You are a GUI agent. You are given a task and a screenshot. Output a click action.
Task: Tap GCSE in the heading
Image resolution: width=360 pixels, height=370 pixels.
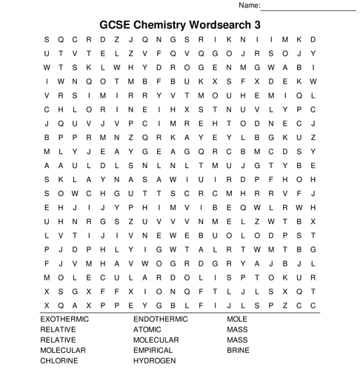pyautogui.click(x=116, y=24)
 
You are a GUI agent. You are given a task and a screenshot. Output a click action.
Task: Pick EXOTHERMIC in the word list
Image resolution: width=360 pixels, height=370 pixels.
pyautogui.click(x=64, y=319)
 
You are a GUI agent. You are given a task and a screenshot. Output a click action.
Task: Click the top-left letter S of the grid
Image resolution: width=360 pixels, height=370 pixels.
pyautogui.click(x=47, y=39)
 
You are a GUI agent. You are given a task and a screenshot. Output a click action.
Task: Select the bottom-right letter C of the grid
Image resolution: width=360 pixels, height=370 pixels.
pyautogui.click(x=313, y=304)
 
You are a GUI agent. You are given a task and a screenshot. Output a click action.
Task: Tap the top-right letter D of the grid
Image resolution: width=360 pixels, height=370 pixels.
pyautogui.click(x=313, y=39)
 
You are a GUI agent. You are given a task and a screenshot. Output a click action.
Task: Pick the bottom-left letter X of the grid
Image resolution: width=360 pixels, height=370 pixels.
pyautogui.click(x=47, y=304)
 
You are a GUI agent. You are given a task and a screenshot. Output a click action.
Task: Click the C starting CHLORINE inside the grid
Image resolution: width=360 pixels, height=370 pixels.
pyautogui.click(x=47, y=109)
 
